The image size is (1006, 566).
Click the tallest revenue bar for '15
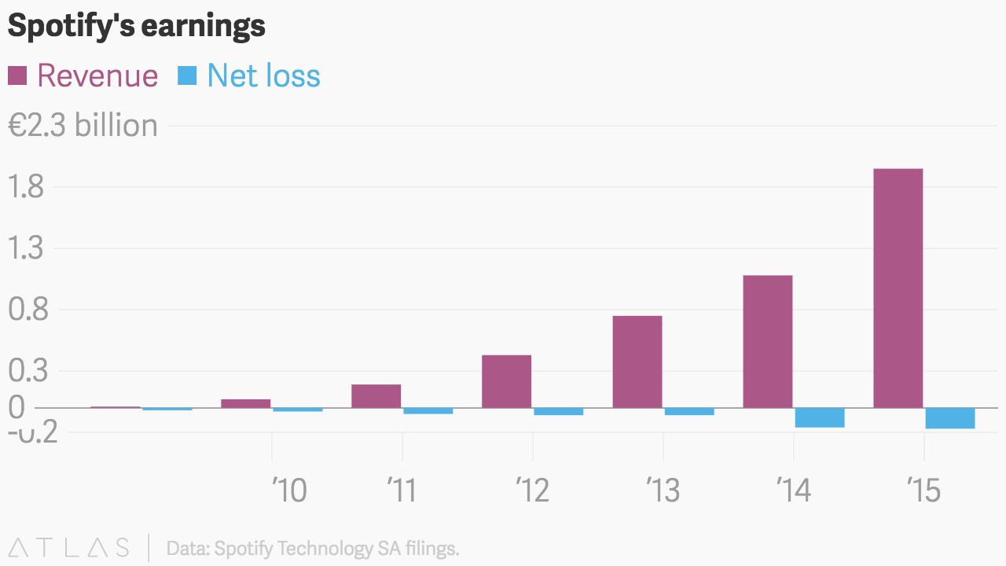click(x=898, y=288)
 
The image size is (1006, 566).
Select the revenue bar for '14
click(x=767, y=341)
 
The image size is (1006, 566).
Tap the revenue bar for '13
click(x=637, y=362)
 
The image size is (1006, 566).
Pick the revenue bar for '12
click(x=506, y=381)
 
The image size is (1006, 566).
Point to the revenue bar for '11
click(x=376, y=395)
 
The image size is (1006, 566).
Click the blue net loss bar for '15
click(x=949, y=418)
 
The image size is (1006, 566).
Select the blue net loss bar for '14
click(x=819, y=417)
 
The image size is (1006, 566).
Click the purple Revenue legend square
click(x=17, y=75)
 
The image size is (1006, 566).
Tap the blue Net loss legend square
click(x=187, y=75)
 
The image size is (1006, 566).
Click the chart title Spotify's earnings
click(x=136, y=27)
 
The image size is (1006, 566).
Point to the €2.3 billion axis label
click(x=83, y=126)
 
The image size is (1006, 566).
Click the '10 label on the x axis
click(x=288, y=491)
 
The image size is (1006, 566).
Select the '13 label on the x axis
click(x=662, y=491)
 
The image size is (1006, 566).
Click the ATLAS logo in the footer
click(x=68, y=547)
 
